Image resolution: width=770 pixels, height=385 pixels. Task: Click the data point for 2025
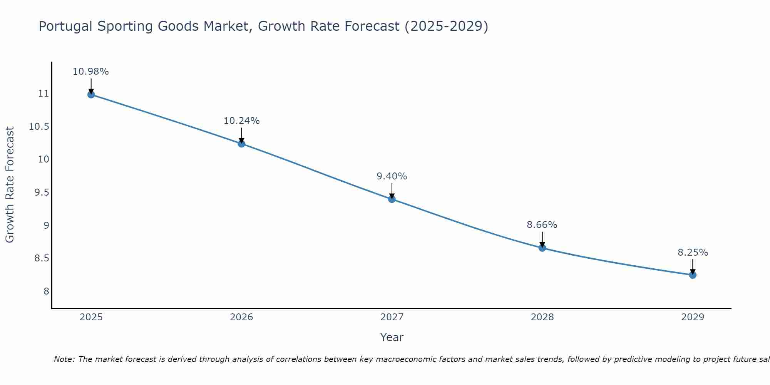coord(91,94)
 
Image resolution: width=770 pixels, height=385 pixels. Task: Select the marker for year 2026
coord(241,144)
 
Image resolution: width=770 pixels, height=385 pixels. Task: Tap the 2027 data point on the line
coord(392,199)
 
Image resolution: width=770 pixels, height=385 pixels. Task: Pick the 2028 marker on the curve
coord(542,248)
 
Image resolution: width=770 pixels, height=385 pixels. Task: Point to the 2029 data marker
coord(693,275)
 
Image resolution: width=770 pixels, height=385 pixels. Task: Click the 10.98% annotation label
coord(91,72)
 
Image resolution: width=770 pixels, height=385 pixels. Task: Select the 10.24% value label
coord(241,121)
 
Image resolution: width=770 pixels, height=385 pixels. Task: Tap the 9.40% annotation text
coord(392,176)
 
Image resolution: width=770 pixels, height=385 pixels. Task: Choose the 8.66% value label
coord(542,225)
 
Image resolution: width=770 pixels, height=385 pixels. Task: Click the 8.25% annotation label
coord(693,253)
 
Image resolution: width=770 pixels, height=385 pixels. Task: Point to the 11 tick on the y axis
coord(44,94)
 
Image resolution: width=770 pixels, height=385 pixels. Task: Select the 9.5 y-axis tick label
coord(42,192)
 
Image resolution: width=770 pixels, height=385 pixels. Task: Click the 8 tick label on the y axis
coord(46,291)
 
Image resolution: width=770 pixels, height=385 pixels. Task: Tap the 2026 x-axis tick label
coord(241,317)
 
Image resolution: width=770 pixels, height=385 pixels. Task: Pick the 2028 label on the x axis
coord(542,317)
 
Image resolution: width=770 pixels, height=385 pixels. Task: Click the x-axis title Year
coord(392,337)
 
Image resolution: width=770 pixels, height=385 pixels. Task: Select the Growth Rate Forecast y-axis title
coord(10,185)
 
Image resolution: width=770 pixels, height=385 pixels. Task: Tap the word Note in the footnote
coord(64,359)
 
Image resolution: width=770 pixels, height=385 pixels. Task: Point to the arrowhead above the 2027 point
coord(392,196)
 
